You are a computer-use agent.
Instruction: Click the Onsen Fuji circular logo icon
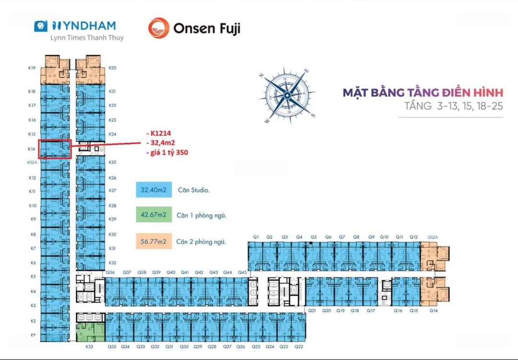click(x=159, y=28)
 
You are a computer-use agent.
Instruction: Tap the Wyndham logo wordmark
click(x=83, y=26)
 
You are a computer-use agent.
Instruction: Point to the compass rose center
click(x=287, y=95)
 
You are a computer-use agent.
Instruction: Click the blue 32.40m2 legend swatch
click(x=153, y=190)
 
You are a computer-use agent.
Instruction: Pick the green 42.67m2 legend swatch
click(x=153, y=215)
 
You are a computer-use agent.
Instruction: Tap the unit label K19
click(x=32, y=68)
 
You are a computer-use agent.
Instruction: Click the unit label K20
click(x=113, y=68)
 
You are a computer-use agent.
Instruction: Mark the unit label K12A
click(x=32, y=163)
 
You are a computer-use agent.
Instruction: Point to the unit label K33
click(x=89, y=346)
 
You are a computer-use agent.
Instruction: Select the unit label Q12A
click(x=433, y=237)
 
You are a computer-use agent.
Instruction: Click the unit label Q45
click(x=243, y=272)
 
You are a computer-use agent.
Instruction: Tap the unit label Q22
click(x=299, y=346)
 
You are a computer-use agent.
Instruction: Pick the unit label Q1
click(x=256, y=237)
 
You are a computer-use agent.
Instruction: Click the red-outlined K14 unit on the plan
click(x=55, y=149)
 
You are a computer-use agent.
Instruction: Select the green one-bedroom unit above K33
click(x=91, y=332)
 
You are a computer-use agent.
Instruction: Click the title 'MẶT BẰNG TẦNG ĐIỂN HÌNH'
click(x=423, y=92)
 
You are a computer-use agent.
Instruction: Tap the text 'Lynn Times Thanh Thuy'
click(x=87, y=38)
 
